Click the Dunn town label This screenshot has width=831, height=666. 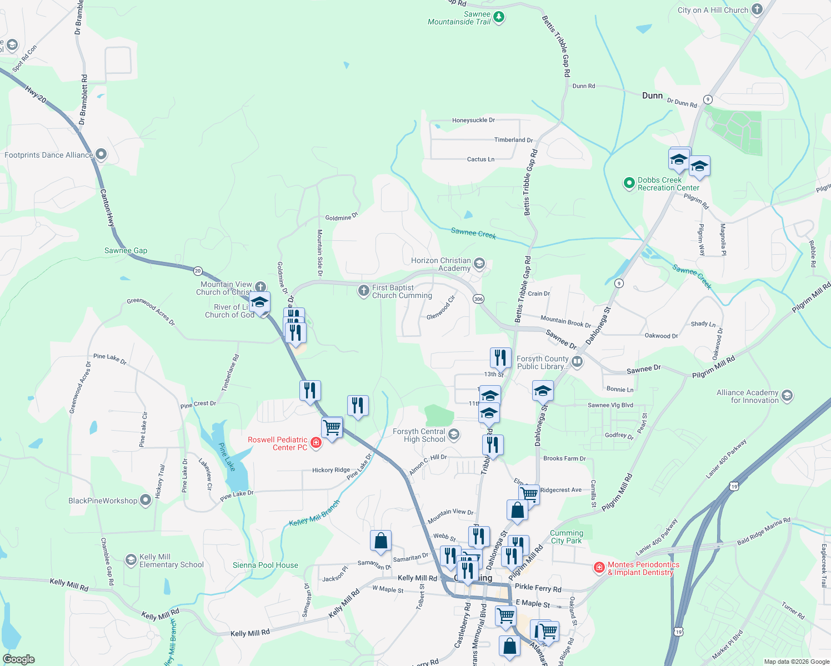pyautogui.click(x=652, y=95)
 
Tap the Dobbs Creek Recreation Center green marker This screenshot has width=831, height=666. pyautogui.click(x=629, y=183)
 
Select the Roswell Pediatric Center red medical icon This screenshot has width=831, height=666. pyautogui.click(x=316, y=442)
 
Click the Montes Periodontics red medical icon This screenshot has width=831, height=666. pyautogui.click(x=599, y=567)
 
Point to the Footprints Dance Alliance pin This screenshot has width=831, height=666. pyautogui.click(x=101, y=154)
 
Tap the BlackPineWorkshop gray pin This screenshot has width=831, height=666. pyautogui.click(x=146, y=500)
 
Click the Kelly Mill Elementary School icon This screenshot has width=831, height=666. pyautogui.click(x=131, y=559)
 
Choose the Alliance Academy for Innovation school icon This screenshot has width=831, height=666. pyautogui.click(x=787, y=395)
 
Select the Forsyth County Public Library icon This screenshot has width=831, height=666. pyautogui.click(x=577, y=362)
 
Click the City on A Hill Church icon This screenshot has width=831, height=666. pyautogui.click(x=757, y=9)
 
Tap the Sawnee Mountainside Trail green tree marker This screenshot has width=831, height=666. pyautogui.click(x=499, y=17)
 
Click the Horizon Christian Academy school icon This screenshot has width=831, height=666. pyautogui.click(x=479, y=263)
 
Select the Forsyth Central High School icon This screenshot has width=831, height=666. pyautogui.click(x=454, y=434)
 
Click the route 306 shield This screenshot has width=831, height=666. pyautogui.click(x=478, y=299)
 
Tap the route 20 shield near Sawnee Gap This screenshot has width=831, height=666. pyautogui.click(x=198, y=271)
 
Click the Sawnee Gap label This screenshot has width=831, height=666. pyautogui.click(x=126, y=250)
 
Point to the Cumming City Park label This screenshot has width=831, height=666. pyautogui.click(x=567, y=537)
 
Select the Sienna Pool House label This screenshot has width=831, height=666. pyautogui.click(x=266, y=565)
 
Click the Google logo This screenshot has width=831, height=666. pyautogui.click(x=19, y=659)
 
